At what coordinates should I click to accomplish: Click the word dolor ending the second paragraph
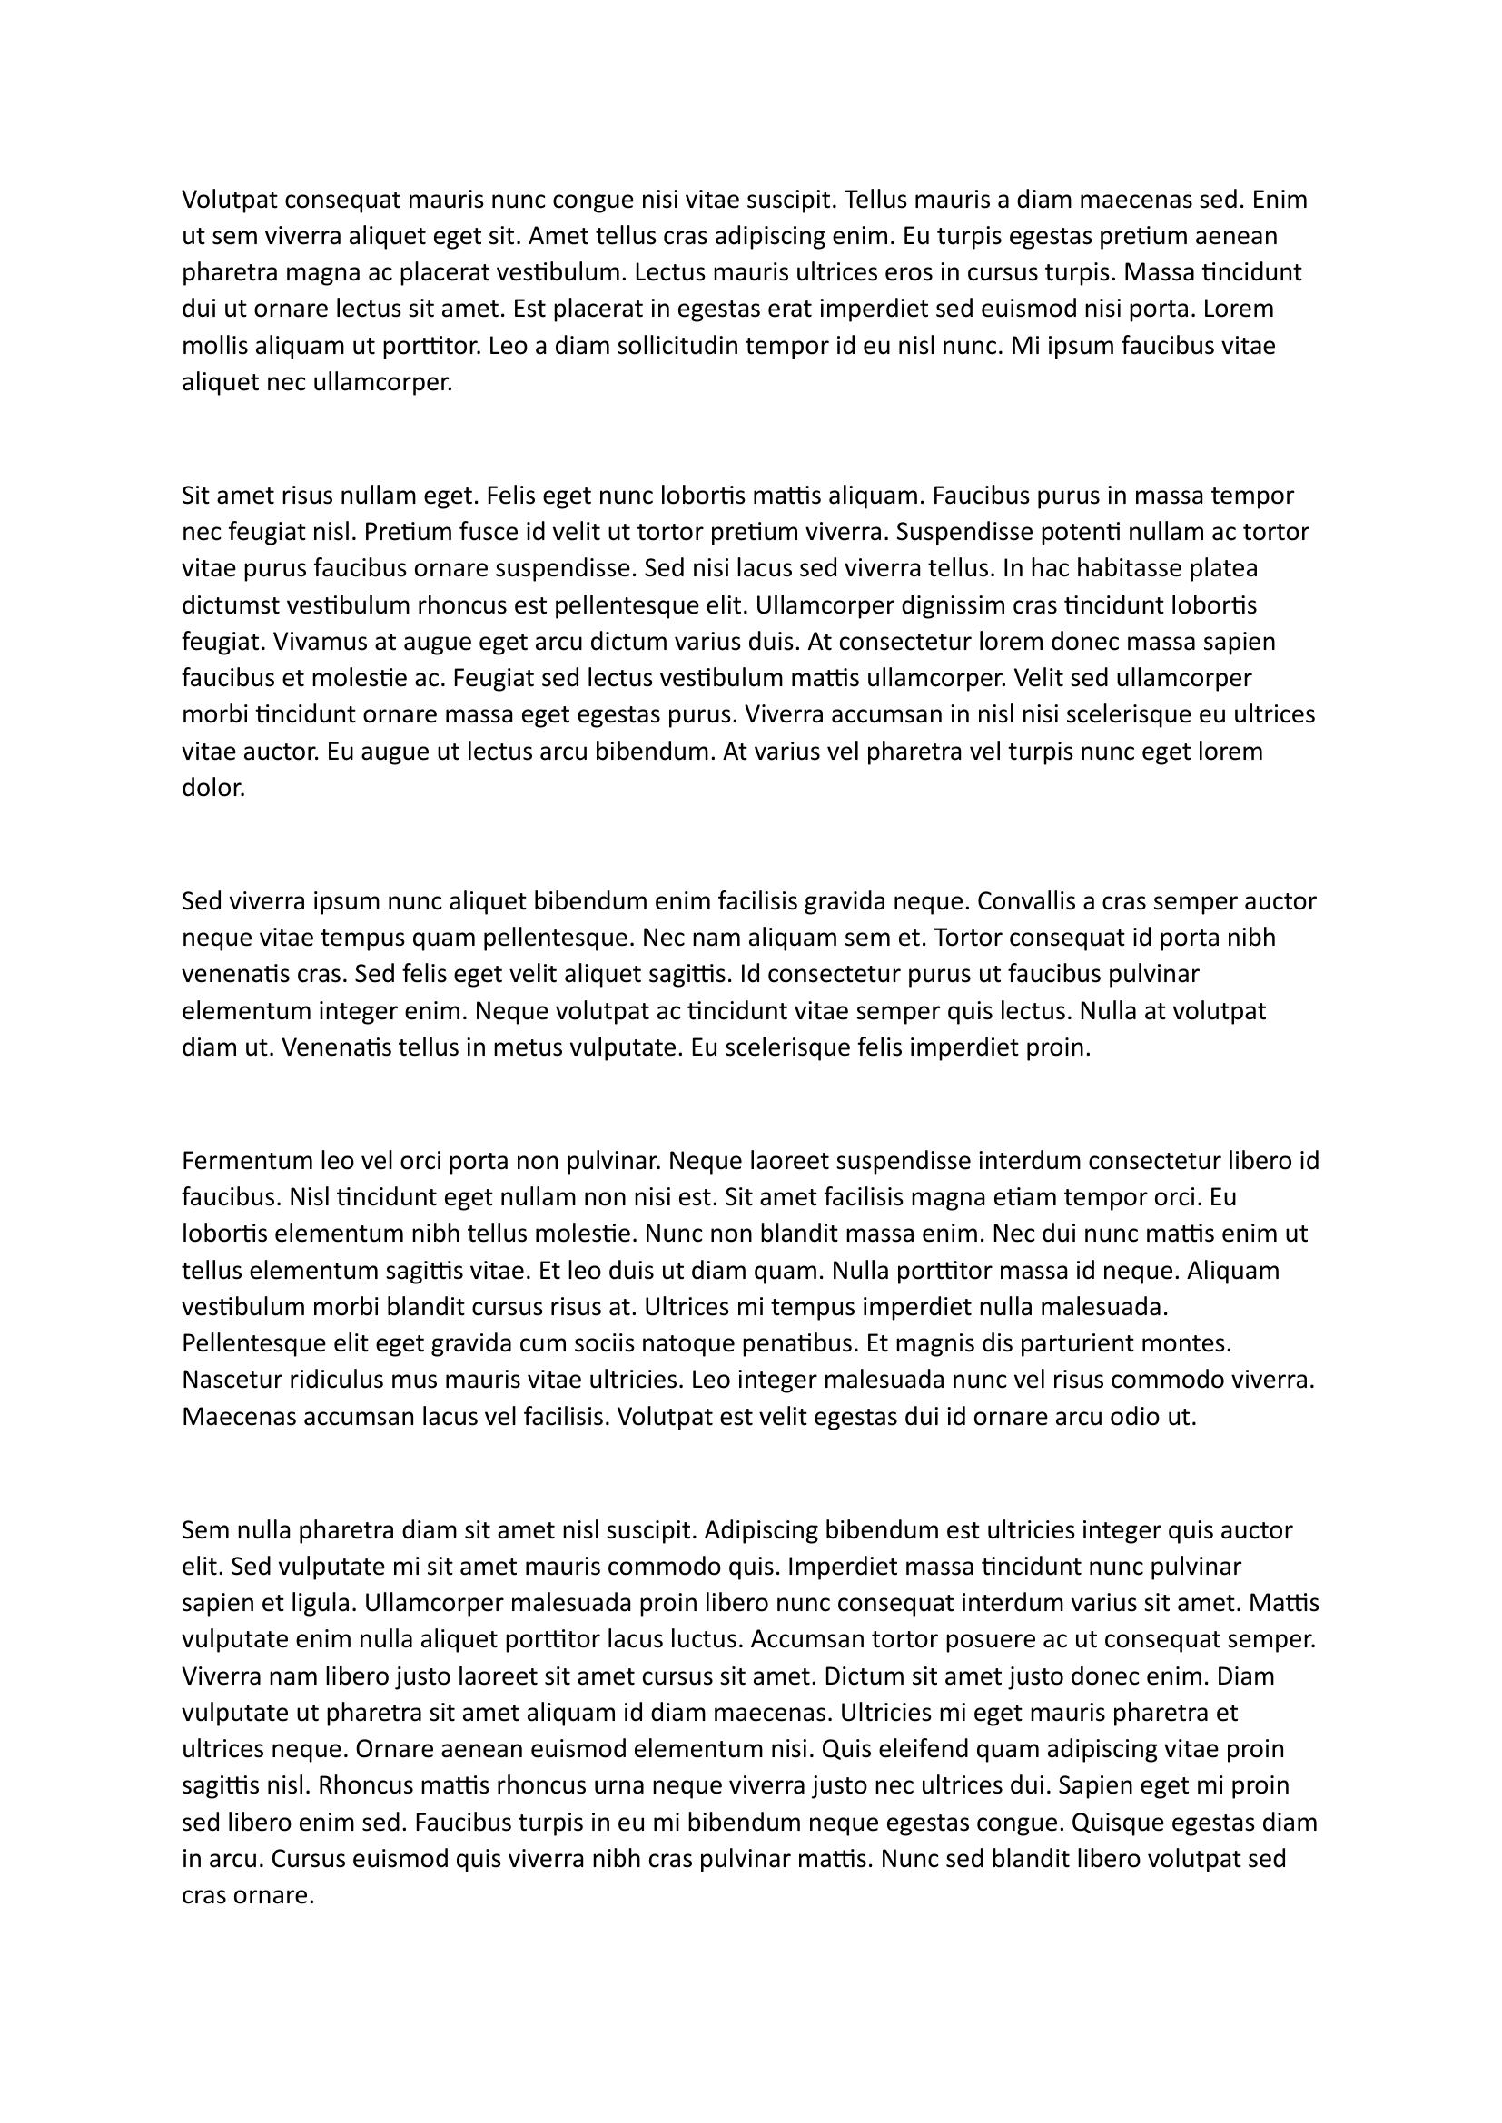(x=212, y=788)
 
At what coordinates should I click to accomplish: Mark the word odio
(x=1138, y=1417)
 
